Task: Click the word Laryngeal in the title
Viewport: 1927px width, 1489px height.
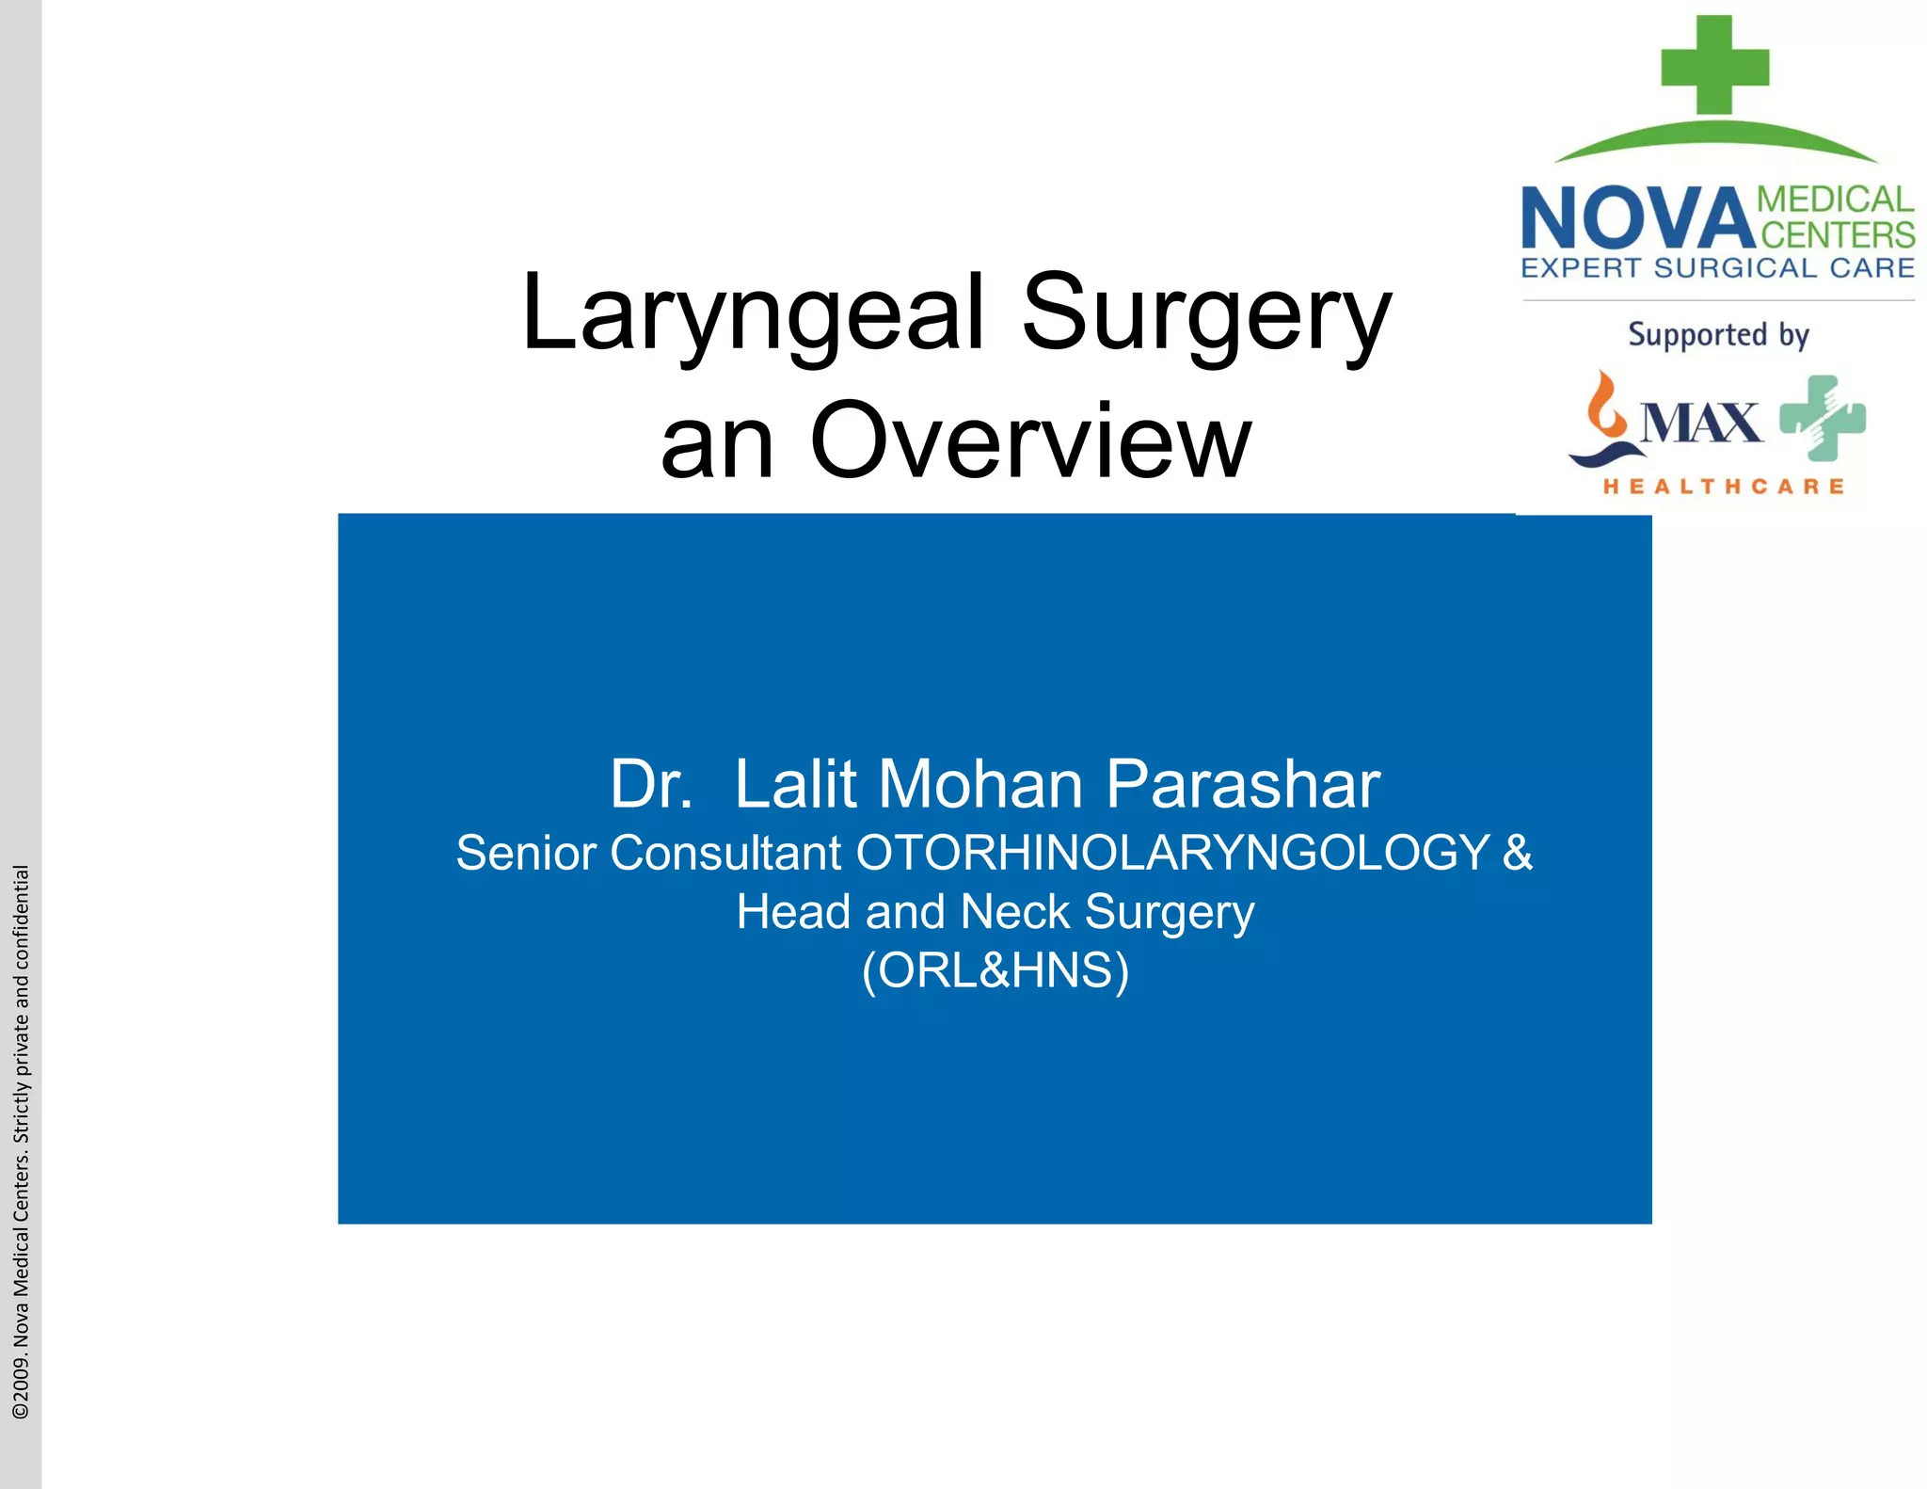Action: pos(754,314)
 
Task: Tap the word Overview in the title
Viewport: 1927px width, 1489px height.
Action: pos(1030,440)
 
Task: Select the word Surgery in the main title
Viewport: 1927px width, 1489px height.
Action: pos(1206,314)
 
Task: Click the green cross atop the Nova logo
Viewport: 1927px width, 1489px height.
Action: pos(1714,65)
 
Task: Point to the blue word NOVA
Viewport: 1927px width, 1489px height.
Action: pos(1636,218)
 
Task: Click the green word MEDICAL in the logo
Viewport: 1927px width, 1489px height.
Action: pos(1835,200)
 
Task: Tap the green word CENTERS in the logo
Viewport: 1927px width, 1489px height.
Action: pos(1838,234)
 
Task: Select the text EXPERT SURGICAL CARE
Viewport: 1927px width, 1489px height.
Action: pos(1717,268)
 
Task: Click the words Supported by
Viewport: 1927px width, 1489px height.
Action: pos(1718,335)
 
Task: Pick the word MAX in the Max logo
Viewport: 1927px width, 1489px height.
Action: pos(1701,423)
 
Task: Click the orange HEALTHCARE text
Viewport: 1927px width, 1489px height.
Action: pos(1724,487)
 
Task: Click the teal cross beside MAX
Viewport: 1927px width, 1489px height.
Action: pos(1823,418)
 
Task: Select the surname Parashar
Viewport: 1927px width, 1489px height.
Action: pos(1242,784)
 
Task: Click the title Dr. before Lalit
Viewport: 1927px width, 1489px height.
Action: pos(651,784)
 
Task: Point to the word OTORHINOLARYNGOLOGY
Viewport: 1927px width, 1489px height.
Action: pos(1172,853)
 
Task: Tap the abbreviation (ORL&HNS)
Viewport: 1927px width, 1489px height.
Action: pos(995,969)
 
